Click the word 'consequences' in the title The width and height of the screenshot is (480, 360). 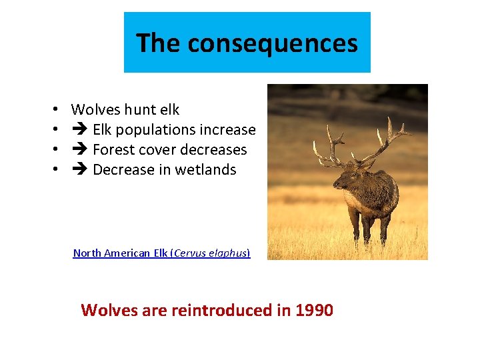point(273,44)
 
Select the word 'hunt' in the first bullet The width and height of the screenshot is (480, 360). point(140,109)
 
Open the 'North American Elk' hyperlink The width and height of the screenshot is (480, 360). point(121,253)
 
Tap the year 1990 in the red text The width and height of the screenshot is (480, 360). point(315,310)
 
